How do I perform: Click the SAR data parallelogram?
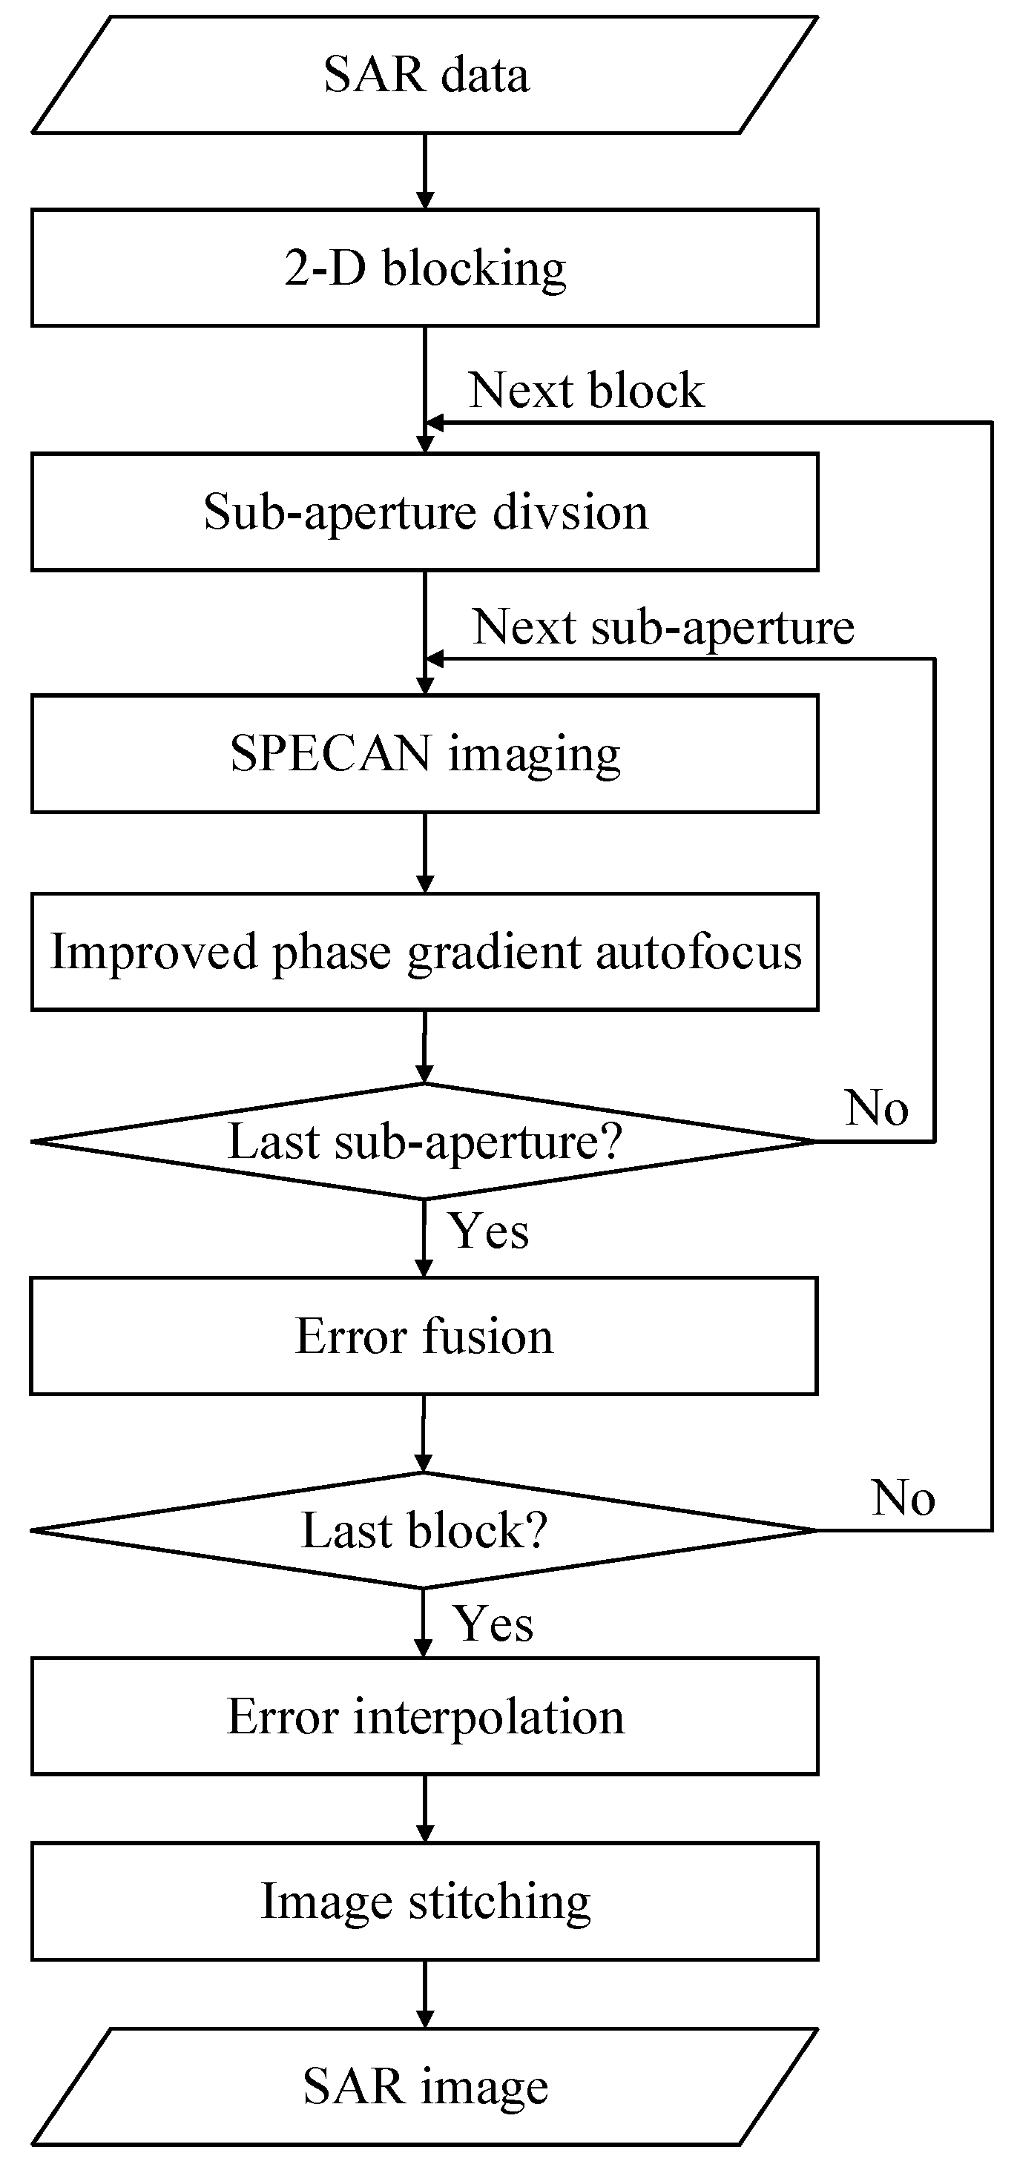[x=426, y=75]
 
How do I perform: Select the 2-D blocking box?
[x=426, y=268]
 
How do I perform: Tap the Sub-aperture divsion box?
[x=426, y=512]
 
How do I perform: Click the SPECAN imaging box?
[x=426, y=754]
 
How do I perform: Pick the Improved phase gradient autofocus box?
[x=426, y=952]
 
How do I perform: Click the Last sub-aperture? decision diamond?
[x=426, y=1142]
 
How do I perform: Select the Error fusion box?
[x=426, y=1337]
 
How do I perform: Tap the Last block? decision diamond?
[x=426, y=1531]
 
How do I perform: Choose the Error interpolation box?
[x=426, y=1717]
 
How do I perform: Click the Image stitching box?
[x=426, y=1902]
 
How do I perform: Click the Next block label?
[x=587, y=391]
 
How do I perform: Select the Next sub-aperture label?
[x=663, y=628]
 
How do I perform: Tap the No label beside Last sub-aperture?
[x=876, y=1108]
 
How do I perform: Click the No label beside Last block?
[x=903, y=1498]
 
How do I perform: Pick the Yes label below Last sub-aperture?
[x=489, y=1231]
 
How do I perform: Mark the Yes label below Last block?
[x=493, y=1624]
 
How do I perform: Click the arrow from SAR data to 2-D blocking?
[x=426, y=171]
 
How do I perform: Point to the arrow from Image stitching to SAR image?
[x=426, y=1994]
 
